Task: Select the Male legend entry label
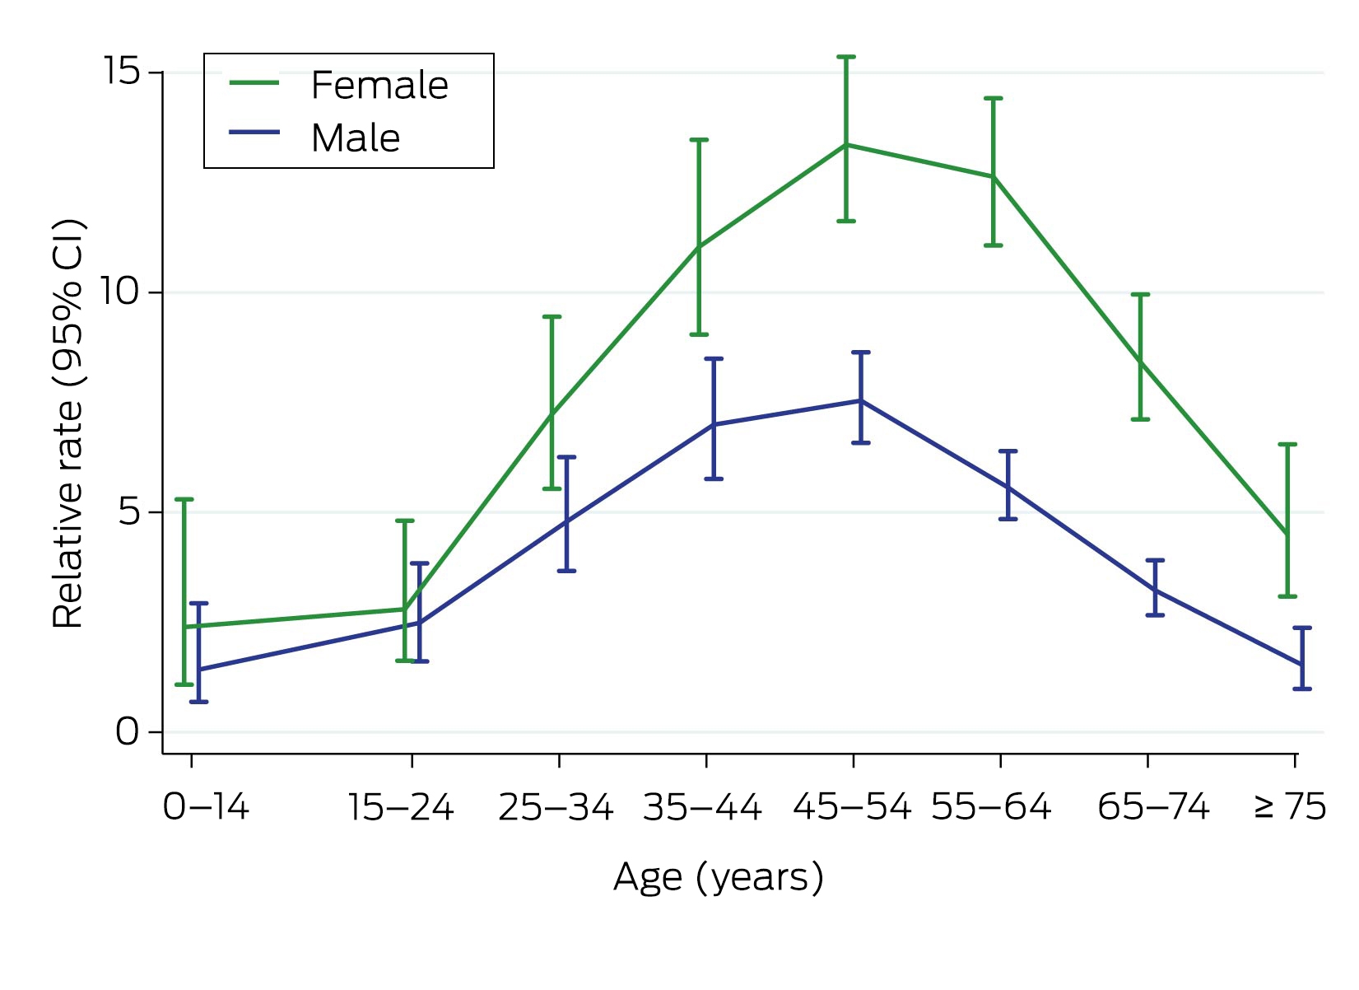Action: [x=356, y=138]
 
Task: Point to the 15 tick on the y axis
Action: [x=122, y=70]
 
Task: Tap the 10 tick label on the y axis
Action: [x=121, y=291]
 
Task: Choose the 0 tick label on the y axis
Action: [x=128, y=731]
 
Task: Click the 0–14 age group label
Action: [x=206, y=807]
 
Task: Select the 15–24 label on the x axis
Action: [x=401, y=807]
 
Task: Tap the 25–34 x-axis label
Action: [x=556, y=807]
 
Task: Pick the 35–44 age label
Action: [x=702, y=807]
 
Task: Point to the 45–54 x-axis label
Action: [x=852, y=807]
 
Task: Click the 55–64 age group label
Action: [x=991, y=807]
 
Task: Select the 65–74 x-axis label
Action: [x=1153, y=807]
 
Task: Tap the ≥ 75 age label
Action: [x=1290, y=807]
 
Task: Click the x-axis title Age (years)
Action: [x=719, y=878]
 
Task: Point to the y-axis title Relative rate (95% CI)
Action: [x=68, y=423]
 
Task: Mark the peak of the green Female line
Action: [x=845, y=144]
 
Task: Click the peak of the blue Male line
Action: [x=860, y=400]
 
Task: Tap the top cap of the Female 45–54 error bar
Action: [x=845, y=57]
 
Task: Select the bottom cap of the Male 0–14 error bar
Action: [x=198, y=702]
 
